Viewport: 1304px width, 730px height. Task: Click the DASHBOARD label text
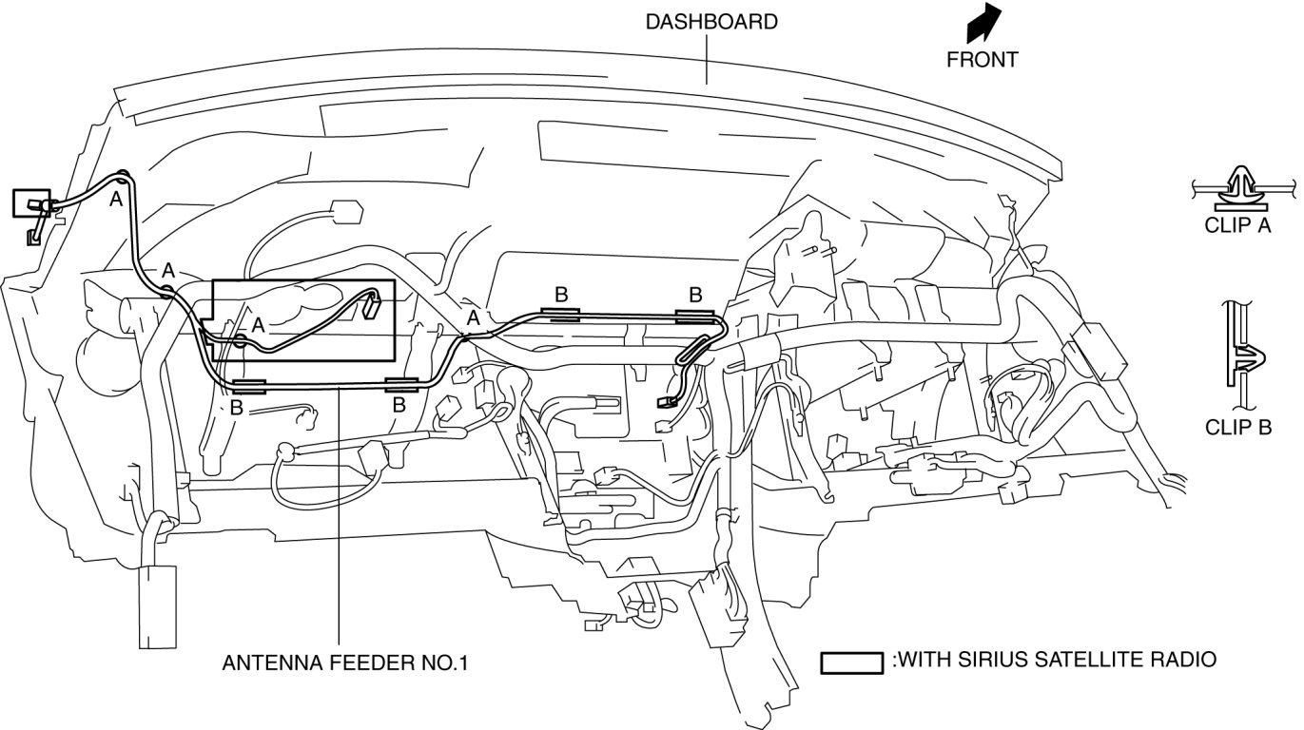tap(711, 22)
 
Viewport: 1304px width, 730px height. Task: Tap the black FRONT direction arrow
tap(983, 22)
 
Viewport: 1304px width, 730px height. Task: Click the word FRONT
tap(983, 59)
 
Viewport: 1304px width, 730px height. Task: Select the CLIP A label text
tap(1237, 225)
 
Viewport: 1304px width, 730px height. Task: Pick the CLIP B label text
tap(1238, 428)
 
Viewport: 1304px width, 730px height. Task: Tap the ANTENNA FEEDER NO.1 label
tap(345, 663)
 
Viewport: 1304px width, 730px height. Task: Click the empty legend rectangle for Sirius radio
tap(851, 663)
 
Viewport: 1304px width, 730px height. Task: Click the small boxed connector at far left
tap(31, 203)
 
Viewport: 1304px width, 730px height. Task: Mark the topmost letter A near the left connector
tap(116, 200)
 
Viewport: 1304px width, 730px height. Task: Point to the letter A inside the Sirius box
tap(258, 326)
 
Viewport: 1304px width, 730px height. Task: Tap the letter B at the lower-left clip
tap(236, 408)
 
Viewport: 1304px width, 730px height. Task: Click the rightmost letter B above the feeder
tap(695, 295)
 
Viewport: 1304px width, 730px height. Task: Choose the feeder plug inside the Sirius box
tap(371, 304)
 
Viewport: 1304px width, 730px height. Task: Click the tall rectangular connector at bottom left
tap(157, 606)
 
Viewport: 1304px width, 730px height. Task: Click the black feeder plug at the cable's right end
tap(666, 401)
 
